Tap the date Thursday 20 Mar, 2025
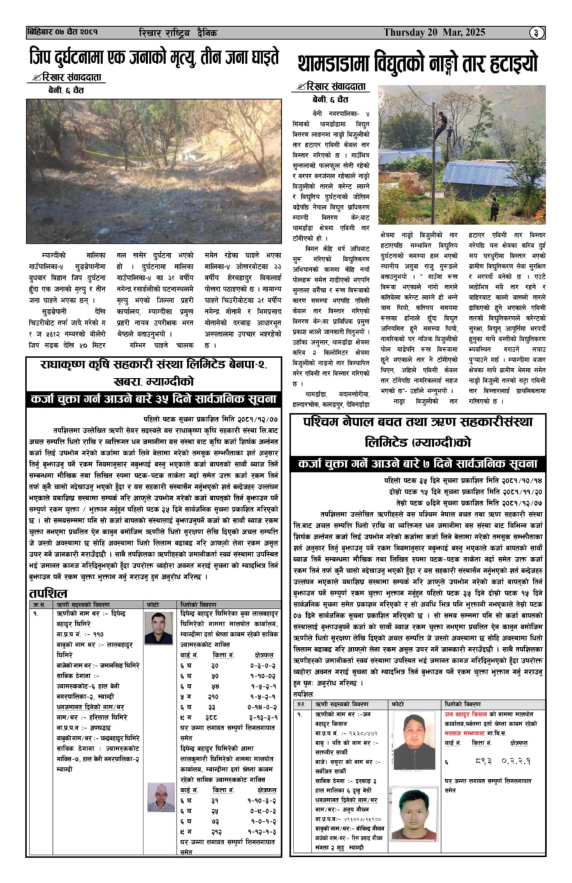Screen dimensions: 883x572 [434, 32]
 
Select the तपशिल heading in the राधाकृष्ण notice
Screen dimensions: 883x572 [48, 593]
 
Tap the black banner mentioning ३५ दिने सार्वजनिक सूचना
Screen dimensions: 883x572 [154, 399]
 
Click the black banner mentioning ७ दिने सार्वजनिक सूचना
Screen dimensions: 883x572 [418, 464]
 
